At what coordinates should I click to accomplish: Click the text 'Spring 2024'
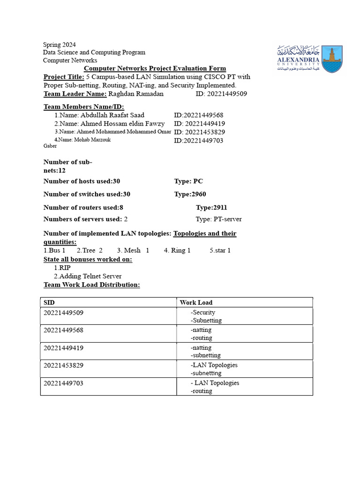coord(60,45)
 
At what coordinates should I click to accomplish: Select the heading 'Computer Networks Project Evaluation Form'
coord(155,68)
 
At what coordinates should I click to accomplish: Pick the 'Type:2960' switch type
coord(190,194)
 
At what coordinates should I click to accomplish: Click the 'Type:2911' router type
coord(211,207)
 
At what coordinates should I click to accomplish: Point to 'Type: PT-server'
coord(218,219)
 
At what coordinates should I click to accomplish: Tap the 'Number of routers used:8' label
coord(83,207)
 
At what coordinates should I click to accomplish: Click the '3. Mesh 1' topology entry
coord(133,250)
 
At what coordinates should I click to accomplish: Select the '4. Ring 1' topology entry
coord(177,250)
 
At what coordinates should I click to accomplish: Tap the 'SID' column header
coord(49,302)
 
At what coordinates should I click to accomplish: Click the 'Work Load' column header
coord(196,302)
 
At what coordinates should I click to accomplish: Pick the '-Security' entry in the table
coord(203,312)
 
